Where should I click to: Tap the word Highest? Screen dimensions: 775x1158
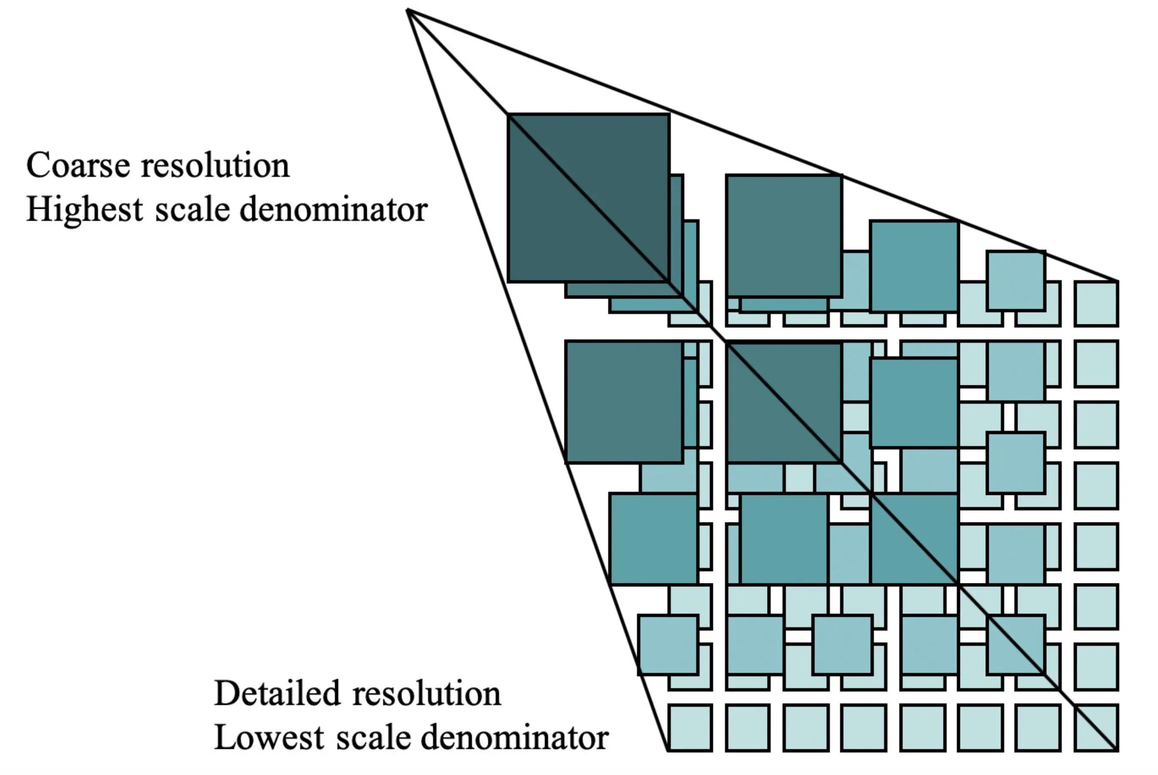click(85, 210)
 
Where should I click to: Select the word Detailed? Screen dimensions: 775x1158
click(277, 693)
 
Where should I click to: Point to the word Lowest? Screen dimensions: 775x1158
click(269, 738)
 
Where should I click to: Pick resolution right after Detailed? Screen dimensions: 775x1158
click(427, 693)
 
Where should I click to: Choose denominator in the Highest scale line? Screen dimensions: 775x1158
click(333, 210)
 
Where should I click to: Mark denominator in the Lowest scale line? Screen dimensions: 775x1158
click(514, 738)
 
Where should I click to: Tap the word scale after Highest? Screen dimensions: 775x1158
click(192, 210)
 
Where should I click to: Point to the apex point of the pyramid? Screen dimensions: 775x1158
click(408, 10)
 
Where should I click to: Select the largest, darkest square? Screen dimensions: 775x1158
click(588, 198)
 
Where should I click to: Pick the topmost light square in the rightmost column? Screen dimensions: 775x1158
click(1096, 303)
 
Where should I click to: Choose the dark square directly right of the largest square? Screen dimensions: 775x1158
click(783, 235)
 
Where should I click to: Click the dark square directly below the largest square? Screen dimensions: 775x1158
click(624, 401)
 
